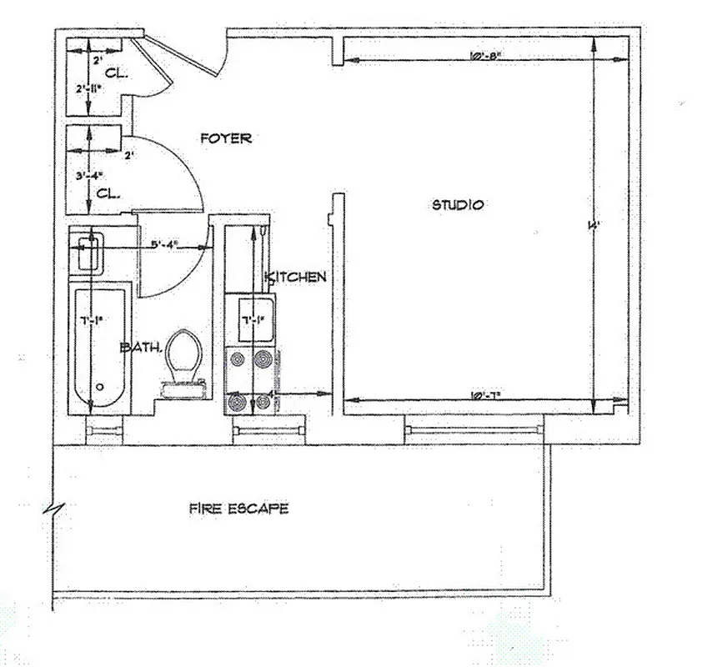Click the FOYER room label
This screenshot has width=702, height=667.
225,138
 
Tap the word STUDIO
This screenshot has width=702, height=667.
458,205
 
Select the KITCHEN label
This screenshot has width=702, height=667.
295,277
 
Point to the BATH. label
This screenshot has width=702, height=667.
140,347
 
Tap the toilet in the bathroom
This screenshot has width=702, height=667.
183,359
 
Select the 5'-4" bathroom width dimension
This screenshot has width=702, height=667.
167,246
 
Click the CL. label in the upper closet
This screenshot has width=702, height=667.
117,73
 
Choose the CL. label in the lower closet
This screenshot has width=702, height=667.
109,193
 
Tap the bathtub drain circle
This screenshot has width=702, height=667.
99,386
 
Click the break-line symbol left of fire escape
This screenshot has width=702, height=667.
54,506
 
